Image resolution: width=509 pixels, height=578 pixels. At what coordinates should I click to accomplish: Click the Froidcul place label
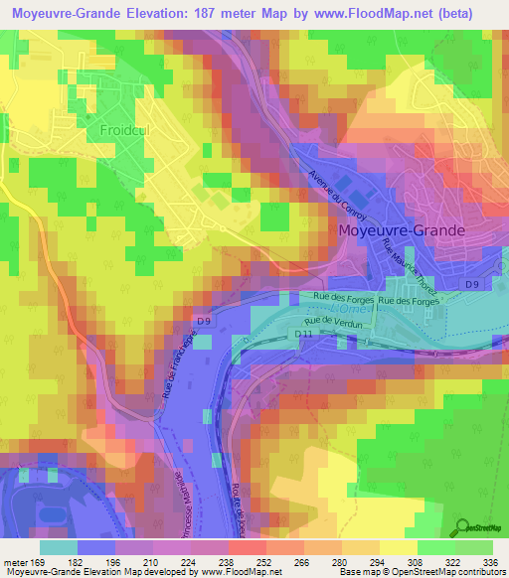point(124,130)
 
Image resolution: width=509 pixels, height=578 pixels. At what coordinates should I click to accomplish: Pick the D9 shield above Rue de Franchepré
point(203,321)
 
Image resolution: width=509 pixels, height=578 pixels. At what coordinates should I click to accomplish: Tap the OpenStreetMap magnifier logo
point(461,525)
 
